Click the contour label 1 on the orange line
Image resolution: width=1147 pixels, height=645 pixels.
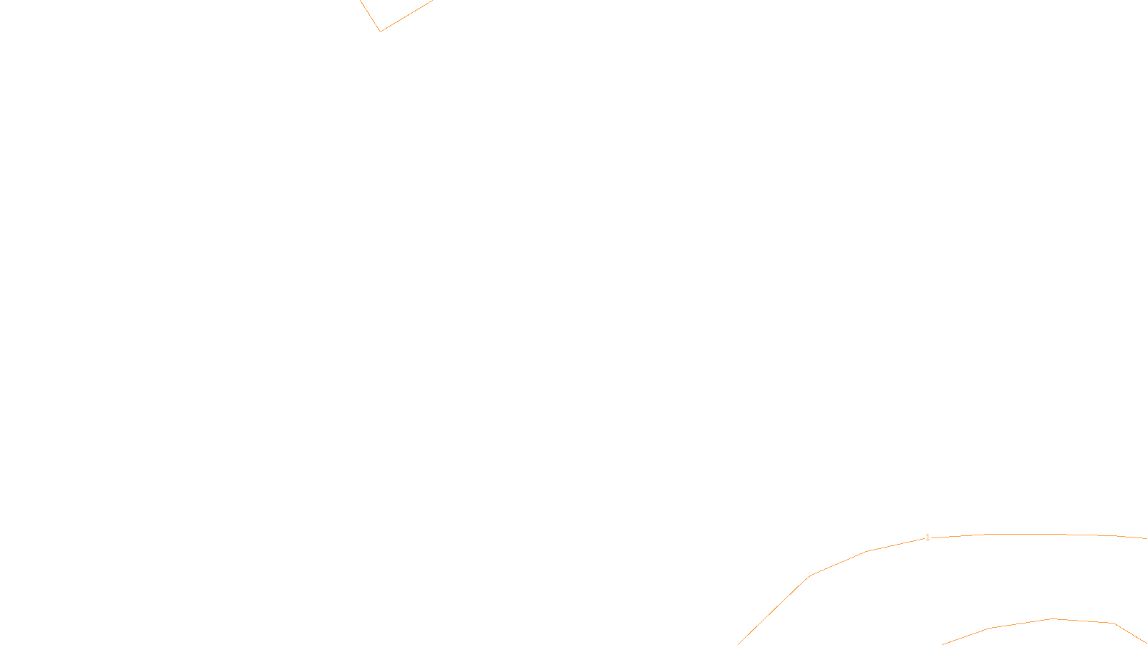pos(928,537)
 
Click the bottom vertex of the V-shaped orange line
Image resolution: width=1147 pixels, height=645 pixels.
pos(380,32)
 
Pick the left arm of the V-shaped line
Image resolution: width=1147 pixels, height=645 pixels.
pos(369,14)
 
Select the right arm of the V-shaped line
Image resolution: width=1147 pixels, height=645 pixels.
pos(407,15)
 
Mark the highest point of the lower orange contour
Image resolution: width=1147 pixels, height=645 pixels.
pos(1053,618)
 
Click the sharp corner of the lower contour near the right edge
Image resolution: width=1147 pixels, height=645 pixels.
pos(1113,623)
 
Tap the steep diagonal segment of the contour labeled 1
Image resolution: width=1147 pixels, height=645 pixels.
pos(774,609)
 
